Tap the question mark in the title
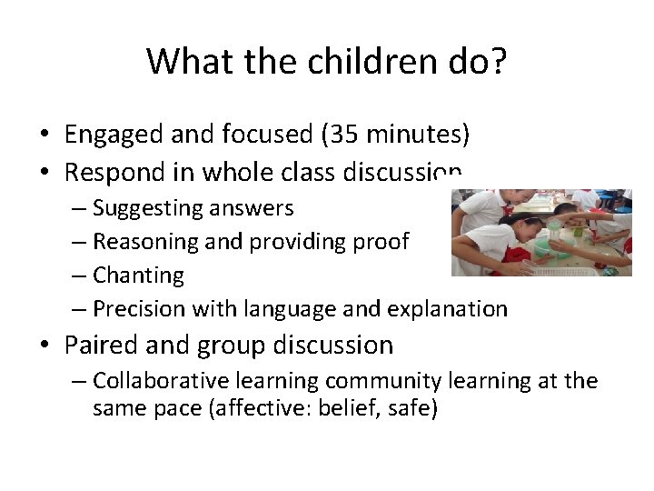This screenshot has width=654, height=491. (x=497, y=61)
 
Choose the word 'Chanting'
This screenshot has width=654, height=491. (x=138, y=275)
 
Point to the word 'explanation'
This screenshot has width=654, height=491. (x=447, y=309)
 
